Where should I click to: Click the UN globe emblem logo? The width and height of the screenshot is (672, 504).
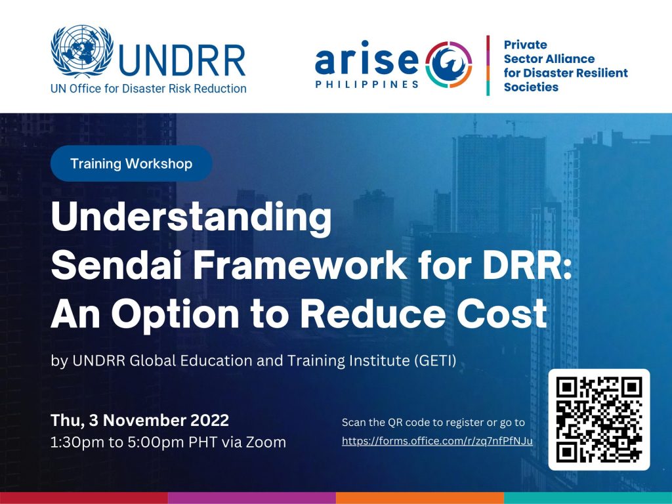82,51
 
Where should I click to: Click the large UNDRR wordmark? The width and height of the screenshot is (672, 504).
181,60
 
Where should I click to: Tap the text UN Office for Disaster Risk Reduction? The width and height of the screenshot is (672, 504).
148,89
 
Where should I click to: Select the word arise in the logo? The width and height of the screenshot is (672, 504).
367,58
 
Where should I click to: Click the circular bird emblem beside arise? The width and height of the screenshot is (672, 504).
449,64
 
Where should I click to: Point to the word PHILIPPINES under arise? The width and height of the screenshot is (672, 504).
367,85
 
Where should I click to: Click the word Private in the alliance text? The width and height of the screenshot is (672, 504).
526,45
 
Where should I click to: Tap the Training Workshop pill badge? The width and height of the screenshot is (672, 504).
131,163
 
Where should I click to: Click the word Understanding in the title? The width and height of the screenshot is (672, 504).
191,219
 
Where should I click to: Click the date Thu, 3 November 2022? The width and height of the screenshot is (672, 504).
140,420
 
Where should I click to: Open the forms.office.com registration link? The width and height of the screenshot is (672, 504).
437,441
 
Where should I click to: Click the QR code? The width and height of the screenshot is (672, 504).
599,419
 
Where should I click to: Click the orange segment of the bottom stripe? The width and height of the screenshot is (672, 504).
420,498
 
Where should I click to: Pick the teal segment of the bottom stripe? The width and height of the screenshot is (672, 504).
588,498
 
